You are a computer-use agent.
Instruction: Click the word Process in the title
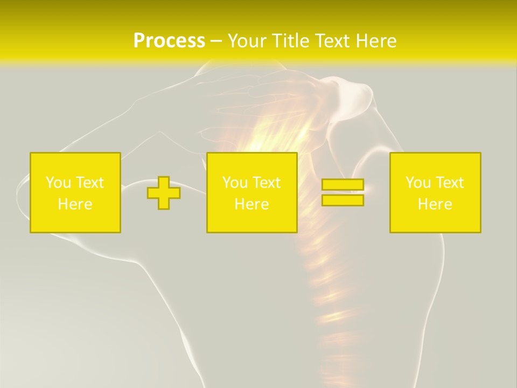(169, 41)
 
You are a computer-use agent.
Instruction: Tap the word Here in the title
(375, 41)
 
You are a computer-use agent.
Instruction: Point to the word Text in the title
(332, 41)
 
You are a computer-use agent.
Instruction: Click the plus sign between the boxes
(164, 193)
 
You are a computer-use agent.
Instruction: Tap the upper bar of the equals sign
(343, 185)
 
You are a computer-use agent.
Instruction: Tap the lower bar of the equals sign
(343, 200)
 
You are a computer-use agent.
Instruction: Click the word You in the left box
(58, 183)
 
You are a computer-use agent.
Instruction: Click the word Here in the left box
(75, 204)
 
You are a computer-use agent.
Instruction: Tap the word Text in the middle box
(267, 183)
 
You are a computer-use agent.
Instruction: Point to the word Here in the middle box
(251, 204)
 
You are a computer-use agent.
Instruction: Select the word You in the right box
(418, 183)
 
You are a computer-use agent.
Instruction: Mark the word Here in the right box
(435, 204)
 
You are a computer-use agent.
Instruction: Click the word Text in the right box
(450, 183)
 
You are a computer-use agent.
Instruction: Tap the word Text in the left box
(90, 183)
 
